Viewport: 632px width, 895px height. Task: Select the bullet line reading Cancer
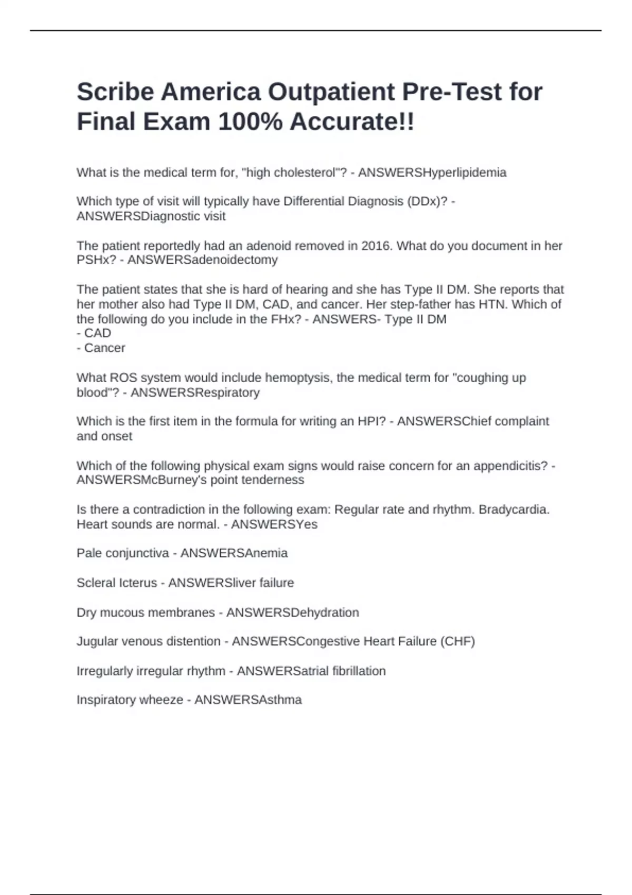104,348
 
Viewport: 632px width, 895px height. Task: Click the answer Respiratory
228,393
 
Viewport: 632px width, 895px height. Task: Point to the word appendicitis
510,466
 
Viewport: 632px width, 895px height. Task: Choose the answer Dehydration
325,613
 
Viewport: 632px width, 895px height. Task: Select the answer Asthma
281,700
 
